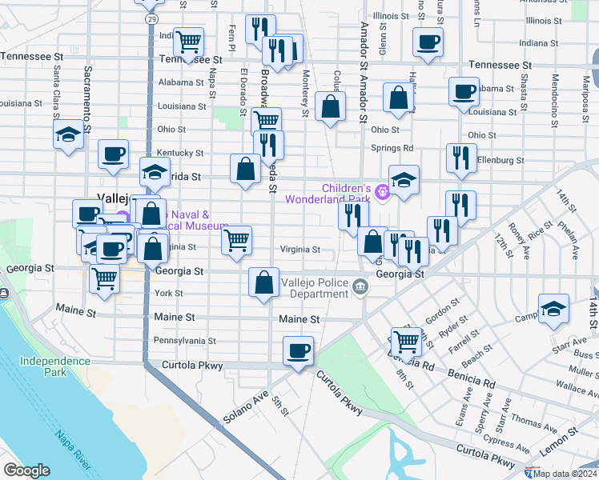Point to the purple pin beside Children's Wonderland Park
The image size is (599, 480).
click(x=384, y=190)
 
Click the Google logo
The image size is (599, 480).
click(x=26, y=470)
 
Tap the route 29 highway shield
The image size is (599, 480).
click(x=150, y=18)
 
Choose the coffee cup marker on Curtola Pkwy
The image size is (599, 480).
click(x=299, y=350)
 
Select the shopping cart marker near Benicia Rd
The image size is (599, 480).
click(x=406, y=341)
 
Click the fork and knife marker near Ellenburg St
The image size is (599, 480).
click(x=461, y=157)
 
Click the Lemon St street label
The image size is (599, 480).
click(x=561, y=442)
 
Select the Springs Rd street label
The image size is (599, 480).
click(x=392, y=148)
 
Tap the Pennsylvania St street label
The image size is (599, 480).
click(x=185, y=341)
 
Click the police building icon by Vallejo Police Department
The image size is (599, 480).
click(x=361, y=285)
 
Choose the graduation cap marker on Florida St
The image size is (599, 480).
click(x=155, y=171)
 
